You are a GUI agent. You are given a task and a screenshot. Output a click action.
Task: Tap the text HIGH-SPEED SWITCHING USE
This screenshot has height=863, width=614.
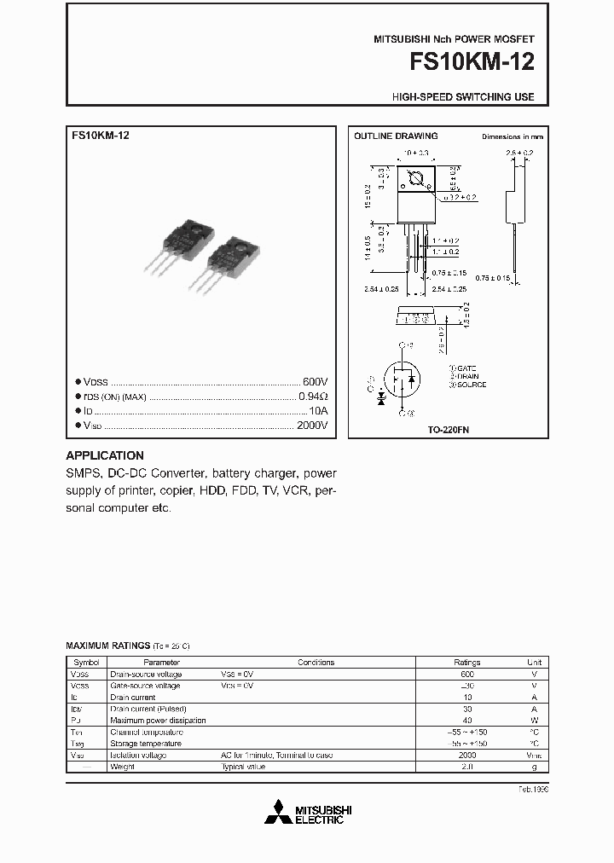tap(463, 97)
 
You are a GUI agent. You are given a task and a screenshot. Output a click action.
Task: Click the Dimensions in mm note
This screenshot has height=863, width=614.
tap(512, 136)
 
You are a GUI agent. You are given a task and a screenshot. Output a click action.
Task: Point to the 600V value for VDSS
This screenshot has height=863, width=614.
tap(315, 382)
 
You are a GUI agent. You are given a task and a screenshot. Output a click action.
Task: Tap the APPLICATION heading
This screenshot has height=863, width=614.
tap(105, 455)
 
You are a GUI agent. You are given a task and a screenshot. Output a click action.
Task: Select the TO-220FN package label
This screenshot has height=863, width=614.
tap(449, 430)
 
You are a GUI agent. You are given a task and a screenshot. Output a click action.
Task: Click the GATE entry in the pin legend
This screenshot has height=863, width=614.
tap(466, 368)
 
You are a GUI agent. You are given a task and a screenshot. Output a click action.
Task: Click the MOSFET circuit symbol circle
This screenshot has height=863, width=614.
tap(403, 378)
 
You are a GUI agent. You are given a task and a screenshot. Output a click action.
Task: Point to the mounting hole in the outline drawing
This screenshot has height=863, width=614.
tap(418, 180)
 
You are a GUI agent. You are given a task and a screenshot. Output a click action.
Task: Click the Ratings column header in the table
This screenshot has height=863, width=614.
tap(466, 662)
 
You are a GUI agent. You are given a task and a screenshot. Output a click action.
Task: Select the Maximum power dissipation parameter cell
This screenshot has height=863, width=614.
tap(158, 721)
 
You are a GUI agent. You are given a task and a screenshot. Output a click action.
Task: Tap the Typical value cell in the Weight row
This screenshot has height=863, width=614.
tap(243, 767)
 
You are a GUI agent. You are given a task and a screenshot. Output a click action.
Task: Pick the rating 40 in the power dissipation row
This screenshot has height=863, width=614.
tap(466, 721)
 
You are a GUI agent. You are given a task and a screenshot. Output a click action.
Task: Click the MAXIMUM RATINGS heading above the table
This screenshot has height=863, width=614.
tap(107, 646)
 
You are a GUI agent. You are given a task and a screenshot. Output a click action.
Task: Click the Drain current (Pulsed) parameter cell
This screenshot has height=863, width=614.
tap(148, 709)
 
